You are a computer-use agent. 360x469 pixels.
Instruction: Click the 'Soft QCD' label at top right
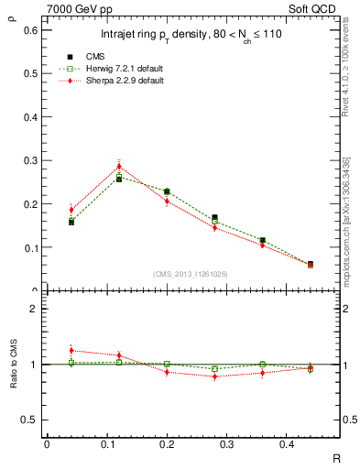click(x=316, y=9)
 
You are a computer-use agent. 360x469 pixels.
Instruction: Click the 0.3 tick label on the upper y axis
click(x=31, y=160)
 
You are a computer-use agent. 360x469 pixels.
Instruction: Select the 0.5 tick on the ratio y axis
click(x=31, y=420)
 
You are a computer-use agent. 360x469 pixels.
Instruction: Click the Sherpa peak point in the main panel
click(x=119, y=166)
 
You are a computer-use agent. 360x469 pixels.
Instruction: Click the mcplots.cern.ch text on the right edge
click(x=346, y=224)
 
